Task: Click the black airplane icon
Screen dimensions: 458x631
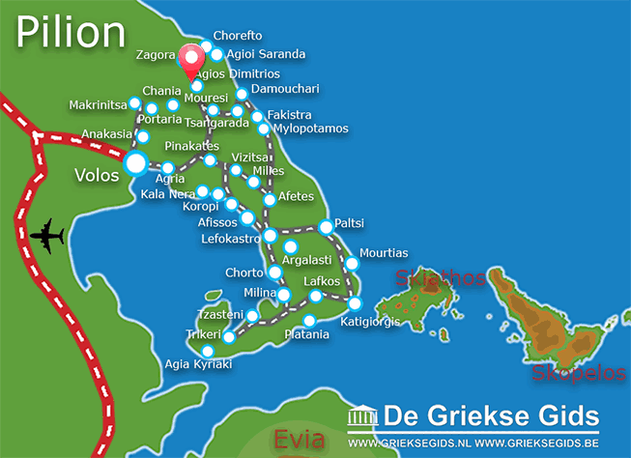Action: click(46, 235)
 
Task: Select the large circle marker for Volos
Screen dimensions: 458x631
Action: click(136, 163)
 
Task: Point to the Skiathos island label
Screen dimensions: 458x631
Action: click(439, 279)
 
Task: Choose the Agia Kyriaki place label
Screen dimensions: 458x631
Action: click(199, 364)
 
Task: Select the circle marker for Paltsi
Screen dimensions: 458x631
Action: click(326, 226)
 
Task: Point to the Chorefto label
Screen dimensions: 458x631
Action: click(237, 36)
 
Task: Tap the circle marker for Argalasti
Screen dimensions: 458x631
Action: click(291, 246)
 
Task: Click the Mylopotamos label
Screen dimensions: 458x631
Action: click(309, 129)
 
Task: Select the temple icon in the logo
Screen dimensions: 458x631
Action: click(362, 417)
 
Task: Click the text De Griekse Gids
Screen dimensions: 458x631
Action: click(490, 416)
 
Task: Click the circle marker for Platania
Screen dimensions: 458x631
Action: click(309, 321)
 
